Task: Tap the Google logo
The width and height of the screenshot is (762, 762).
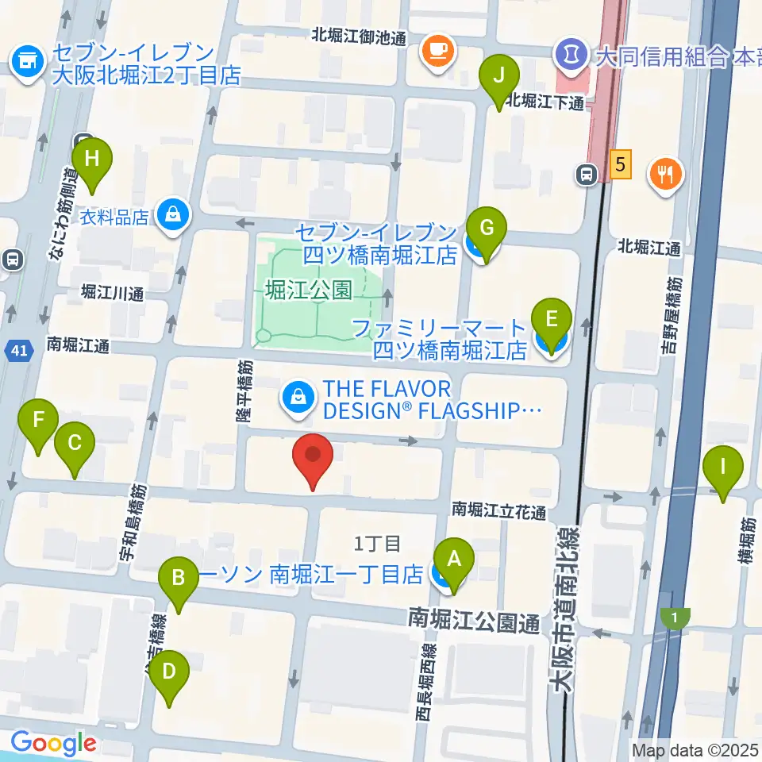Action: tap(52, 744)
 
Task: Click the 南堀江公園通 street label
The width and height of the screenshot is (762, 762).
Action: tap(474, 620)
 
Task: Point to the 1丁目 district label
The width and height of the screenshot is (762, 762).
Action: tap(377, 544)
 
